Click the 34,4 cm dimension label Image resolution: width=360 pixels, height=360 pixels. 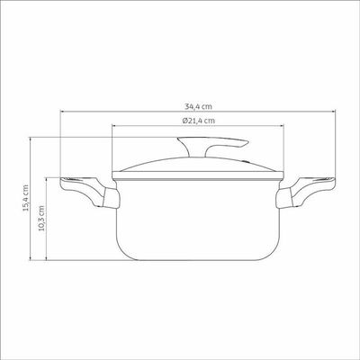pos(198,106)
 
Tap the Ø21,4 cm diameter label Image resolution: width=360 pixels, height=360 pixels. pos(198,121)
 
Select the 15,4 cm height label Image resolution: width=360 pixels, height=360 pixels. pos(26,198)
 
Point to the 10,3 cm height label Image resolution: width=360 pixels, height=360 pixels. pos(41,218)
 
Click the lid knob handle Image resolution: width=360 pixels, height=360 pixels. pos(210,145)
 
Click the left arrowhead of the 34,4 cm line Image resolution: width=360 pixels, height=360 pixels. pos(62,112)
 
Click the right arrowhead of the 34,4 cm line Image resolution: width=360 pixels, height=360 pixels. pos(334,112)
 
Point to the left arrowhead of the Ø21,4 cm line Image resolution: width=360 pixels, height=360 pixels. pos(113,126)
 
